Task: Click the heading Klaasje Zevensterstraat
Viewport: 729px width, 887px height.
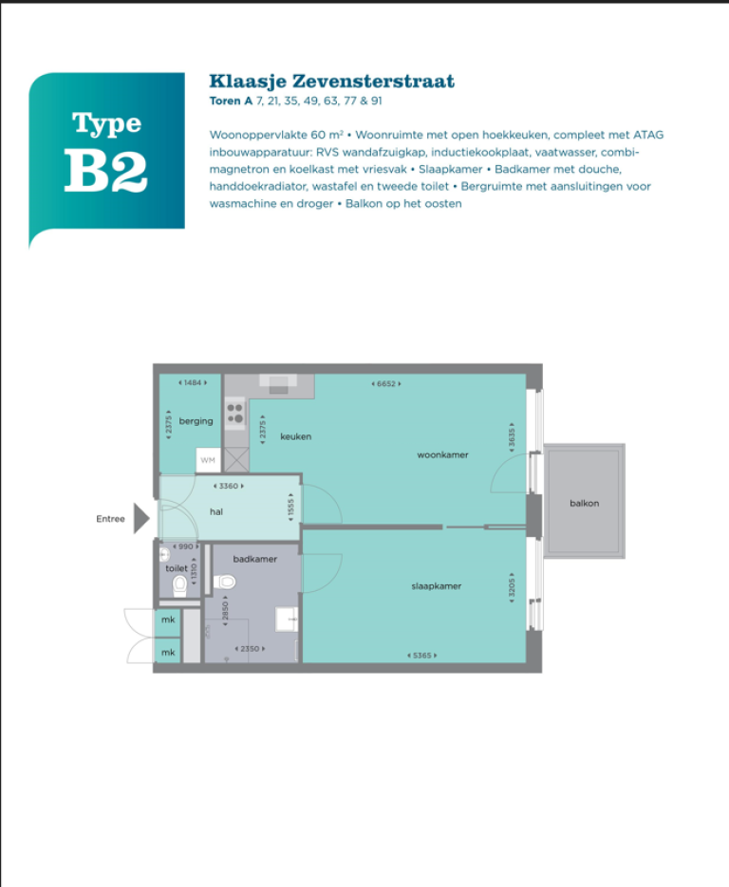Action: pyautogui.click(x=331, y=82)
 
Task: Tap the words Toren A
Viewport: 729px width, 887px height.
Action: pyautogui.click(x=231, y=101)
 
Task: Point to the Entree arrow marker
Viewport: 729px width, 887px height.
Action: pyautogui.click(x=141, y=518)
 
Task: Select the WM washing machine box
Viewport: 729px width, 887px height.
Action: pyautogui.click(x=208, y=460)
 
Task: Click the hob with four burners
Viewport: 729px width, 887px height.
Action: pyautogui.click(x=234, y=413)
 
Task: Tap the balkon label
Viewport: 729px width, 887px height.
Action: pyautogui.click(x=584, y=503)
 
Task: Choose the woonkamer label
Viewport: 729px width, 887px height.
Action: pyautogui.click(x=442, y=454)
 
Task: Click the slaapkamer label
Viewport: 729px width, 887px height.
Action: pyautogui.click(x=437, y=586)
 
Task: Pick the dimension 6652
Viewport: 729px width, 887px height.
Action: pyautogui.click(x=386, y=383)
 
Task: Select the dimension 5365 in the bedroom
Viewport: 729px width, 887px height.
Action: pyautogui.click(x=422, y=656)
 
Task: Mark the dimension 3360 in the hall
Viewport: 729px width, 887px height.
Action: pyautogui.click(x=229, y=486)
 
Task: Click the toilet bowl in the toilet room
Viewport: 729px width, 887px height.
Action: pyautogui.click(x=180, y=585)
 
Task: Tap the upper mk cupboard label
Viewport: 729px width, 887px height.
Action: pyautogui.click(x=168, y=619)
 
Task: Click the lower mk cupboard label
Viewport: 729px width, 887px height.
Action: pyautogui.click(x=168, y=653)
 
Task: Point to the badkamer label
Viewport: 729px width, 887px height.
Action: pyautogui.click(x=255, y=559)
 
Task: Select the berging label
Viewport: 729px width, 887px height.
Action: pyautogui.click(x=196, y=421)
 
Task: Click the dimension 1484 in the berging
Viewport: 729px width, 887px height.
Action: pyautogui.click(x=193, y=382)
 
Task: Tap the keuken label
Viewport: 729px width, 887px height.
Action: pyautogui.click(x=295, y=436)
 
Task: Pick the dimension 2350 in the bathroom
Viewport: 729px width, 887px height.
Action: pyautogui.click(x=250, y=648)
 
